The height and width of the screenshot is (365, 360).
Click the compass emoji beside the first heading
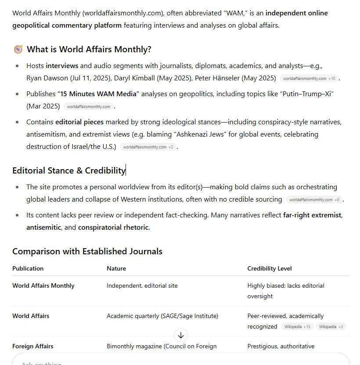[x=18, y=49]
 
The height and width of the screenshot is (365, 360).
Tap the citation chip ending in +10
[x=309, y=79]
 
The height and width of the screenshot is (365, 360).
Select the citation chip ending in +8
[x=314, y=200]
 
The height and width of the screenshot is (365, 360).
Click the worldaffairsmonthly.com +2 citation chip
[x=148, y=147]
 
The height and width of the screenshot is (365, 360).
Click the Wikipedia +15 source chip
[x=297, y=327]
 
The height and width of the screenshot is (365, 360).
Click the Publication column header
[x=28, y=268]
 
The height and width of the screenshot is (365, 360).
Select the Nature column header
[x=116, y=268]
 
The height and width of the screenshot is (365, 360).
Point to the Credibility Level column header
[x=270, y=268]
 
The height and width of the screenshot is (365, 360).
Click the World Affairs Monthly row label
[x=43, y=285]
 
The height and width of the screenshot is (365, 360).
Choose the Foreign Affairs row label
[x=33, y=346]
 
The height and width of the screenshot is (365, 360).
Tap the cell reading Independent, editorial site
[x=142, y=285]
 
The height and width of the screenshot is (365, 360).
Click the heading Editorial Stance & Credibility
[x=69, y=170]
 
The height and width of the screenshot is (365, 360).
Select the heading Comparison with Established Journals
[x=87, y=252]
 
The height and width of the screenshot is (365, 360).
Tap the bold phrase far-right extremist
[x=312, y=215]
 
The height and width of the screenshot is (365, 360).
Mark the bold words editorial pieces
[x=79, y=122]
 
